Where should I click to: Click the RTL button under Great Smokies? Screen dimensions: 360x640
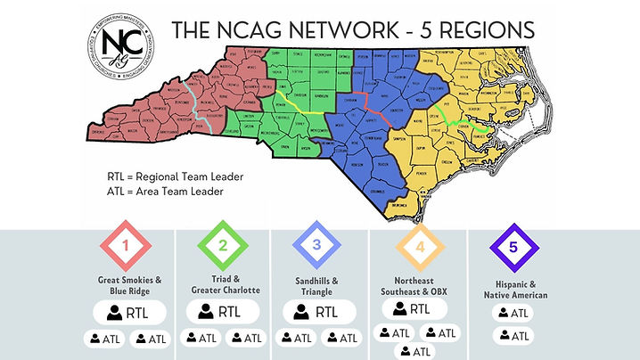coord(130,312)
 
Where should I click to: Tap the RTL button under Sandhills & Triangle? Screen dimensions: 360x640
coord(317,312)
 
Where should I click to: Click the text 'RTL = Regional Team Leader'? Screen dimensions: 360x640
coord(175,176)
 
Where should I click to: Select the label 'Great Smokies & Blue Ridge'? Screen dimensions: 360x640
coord(130,284)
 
